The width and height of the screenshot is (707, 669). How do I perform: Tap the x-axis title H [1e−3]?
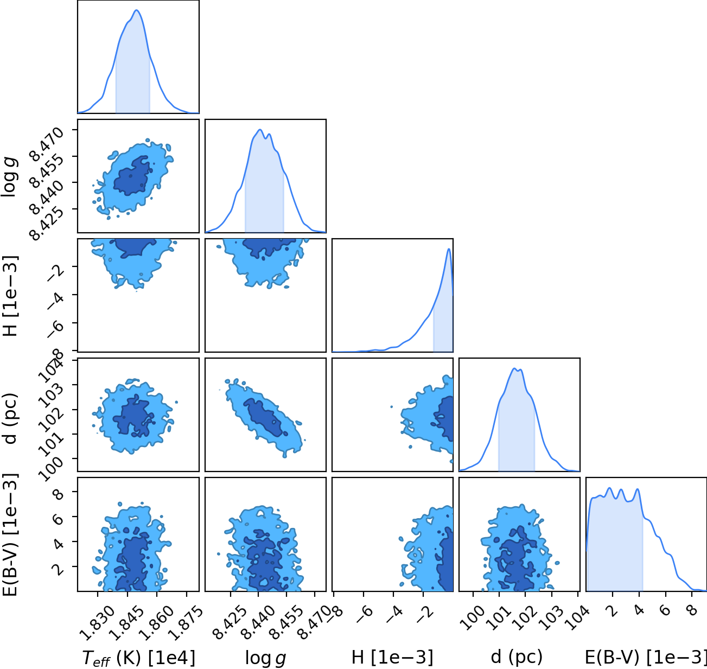pyautogui.click(x=392, y=657)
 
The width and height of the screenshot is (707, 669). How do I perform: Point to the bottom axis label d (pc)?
pyautogui.click(x=517, y=657)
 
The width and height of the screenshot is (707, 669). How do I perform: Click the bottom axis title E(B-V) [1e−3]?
pyautogui.click(x=646, y=657)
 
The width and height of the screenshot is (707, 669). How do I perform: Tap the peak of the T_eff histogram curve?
pyautogui.click(x=137, y=10)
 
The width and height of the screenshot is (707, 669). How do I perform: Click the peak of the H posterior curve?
pyautogui.click(x=449, y=249)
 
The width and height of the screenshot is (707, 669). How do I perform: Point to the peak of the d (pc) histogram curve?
pyautogui.click(x=514, y=368)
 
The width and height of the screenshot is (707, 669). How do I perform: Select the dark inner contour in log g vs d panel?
pyautogui.click(x=264, y=417)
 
